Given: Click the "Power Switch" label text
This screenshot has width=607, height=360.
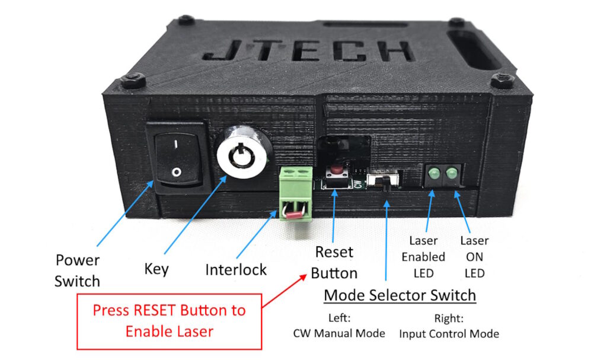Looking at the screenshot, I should tap(77, 270).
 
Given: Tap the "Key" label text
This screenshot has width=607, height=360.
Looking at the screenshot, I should tap(156, 269).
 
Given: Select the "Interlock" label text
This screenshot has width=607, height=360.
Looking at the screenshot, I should tap(236, 270).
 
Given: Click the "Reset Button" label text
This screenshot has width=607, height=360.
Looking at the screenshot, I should tap(334, 263).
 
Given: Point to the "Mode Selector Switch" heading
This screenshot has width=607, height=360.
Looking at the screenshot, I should tap(400, 295).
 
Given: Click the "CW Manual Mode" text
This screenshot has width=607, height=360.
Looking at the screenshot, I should tap(339, 333).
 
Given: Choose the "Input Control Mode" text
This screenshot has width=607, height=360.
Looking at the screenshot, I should tap(449, 333).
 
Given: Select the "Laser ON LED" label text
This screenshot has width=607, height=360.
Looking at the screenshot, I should tap(474, 257).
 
